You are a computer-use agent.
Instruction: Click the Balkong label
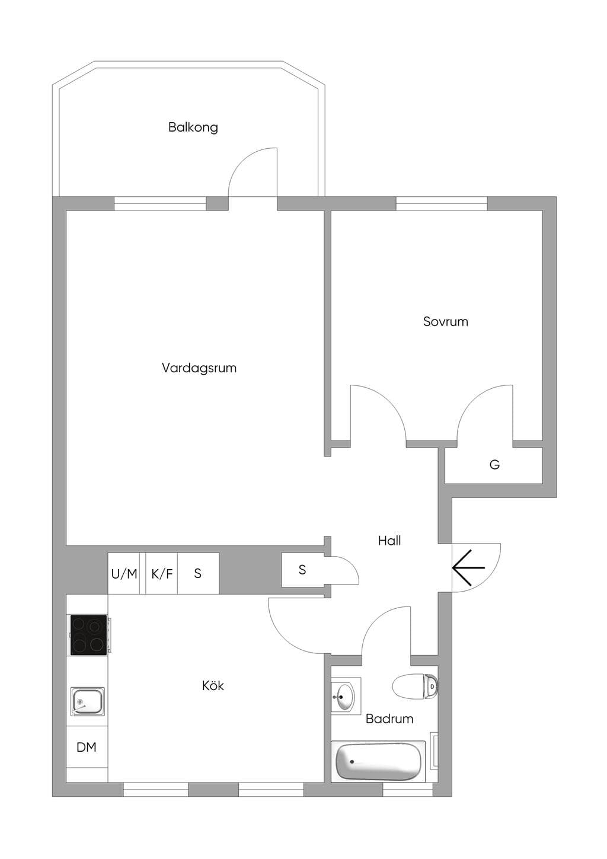tap(193, 127)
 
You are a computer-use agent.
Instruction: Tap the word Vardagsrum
tap(199, 368)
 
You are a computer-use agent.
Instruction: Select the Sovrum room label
tap(446, 321)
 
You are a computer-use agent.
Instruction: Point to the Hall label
tap(389, 541)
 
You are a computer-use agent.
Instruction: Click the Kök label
tap(213, 685)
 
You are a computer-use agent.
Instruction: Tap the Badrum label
tap(389, 719)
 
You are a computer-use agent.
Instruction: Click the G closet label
tap(494, 465)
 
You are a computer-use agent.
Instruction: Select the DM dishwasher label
tap(87, 747)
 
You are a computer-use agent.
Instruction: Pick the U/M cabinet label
tap(124, 574)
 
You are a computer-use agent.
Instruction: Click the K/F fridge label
tap(162, 574)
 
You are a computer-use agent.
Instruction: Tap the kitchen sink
tap(87, 701)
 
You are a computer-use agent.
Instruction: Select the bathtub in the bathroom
tap(378, 762)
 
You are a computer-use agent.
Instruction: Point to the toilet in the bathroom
tap(416, 685)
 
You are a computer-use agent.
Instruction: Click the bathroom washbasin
tap(345, 695)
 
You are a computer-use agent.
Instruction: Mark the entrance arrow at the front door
tap(468, 567)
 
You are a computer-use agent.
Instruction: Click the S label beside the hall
tap(302, 570)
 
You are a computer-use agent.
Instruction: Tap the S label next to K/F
tap(197, 573)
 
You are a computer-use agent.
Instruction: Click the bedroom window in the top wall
tap(442, 203)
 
